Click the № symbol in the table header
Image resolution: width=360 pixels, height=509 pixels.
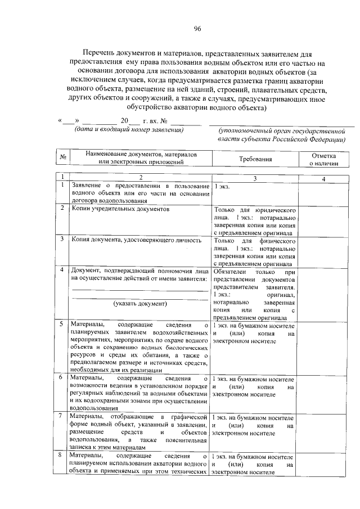pyautogui.click(x=64, y=157)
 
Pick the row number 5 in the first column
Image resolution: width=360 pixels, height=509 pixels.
pyautogui.click(x=61, y=325)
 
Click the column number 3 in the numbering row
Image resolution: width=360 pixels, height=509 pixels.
pyautogui.click(x=254, y=178)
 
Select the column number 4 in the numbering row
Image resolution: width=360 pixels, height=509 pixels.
pyautogui.click(x=323, y=178)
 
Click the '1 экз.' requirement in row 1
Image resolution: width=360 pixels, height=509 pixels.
pyautogui.click(x=222, y=186)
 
